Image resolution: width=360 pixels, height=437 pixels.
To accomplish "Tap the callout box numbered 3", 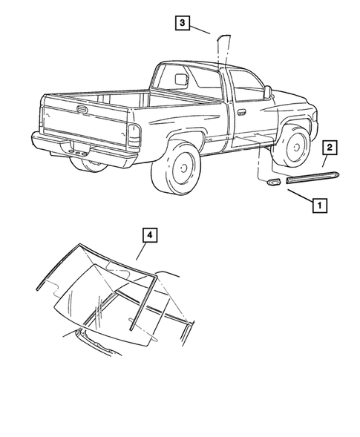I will click(x=181, y=23).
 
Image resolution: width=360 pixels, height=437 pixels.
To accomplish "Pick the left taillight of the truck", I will click(x=134, y=135).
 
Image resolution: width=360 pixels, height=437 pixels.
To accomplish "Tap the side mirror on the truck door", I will click(x=266, y=92).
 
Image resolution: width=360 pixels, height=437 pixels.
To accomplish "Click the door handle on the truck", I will click(x=242, y=114).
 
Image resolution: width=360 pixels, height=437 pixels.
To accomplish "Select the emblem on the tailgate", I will click(x=81, y=108).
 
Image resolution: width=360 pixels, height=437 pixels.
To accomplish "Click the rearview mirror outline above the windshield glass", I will click(x=118, y=268).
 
